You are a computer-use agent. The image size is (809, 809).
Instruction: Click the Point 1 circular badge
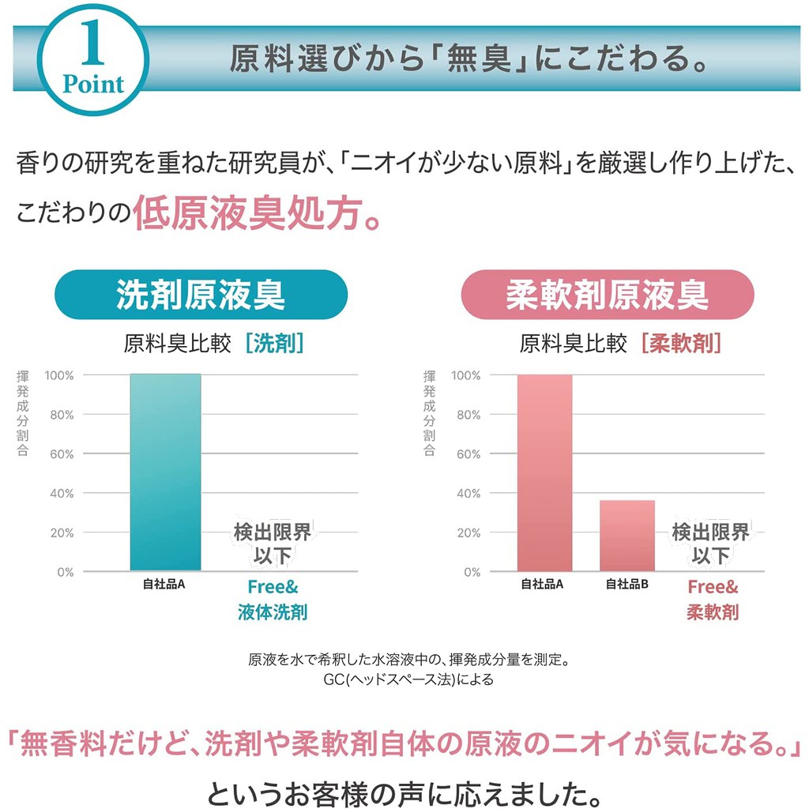(x=93, y=61)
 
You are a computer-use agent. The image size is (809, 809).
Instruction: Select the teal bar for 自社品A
(x=165, y=472)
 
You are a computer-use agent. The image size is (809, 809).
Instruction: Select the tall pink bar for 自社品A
(x=544, y=472)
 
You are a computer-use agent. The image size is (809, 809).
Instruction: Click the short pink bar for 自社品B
(x=627, y=535)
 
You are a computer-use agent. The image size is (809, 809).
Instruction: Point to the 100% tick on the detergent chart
(x=59, y=375)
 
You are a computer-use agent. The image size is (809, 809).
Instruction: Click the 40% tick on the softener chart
(x=465, y=494)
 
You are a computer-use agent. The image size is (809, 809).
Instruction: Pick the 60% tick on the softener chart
(x=465, y=454)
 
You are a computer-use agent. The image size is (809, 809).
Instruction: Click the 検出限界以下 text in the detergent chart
(x=272, y=544)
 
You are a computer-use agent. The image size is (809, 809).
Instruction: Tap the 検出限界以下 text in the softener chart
(x=710, y=544)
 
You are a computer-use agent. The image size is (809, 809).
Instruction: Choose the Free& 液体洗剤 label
(x=273, y=600)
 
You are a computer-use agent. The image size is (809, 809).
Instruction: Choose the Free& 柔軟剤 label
(x=712, y=600)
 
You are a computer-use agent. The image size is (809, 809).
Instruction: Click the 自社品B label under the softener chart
(x=627, y=585)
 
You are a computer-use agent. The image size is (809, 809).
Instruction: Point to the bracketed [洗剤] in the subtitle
(x=274, y=344)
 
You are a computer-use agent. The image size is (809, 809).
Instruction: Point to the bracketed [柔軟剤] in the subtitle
(x=681, y=344)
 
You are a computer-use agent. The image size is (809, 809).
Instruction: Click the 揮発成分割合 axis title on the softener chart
(x=429, y=413)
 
